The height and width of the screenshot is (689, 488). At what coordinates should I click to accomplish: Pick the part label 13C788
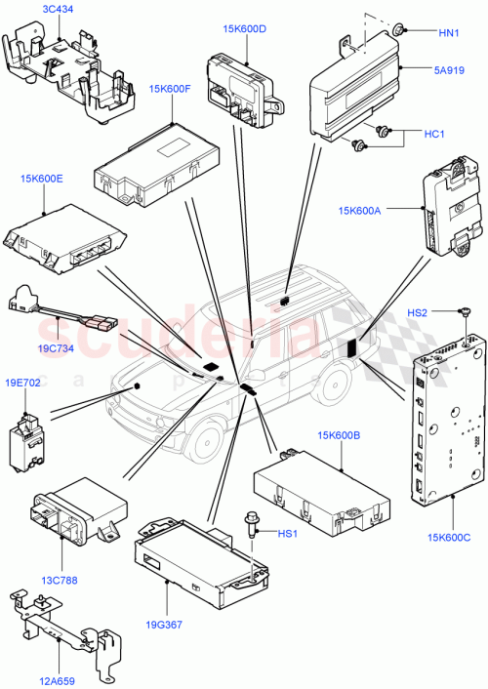61,579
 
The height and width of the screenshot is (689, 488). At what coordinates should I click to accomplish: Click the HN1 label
448,33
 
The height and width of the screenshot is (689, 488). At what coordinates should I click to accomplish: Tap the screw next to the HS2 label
467,312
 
